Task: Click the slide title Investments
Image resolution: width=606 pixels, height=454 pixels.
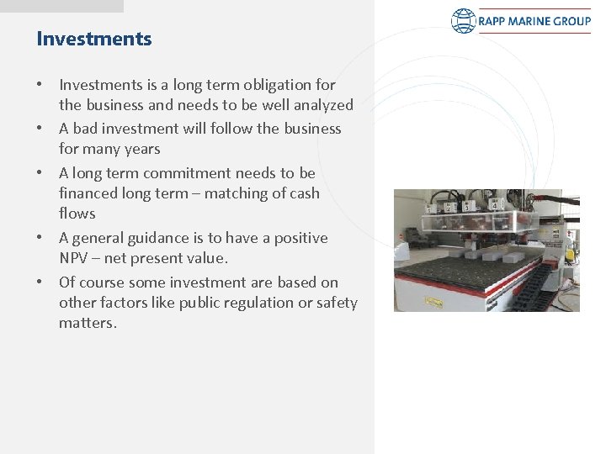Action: (x=94, y=39)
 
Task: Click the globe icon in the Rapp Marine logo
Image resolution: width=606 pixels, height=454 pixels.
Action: (x=464, y=21)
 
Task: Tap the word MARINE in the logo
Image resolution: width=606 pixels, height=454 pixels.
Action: (x=527, y=21)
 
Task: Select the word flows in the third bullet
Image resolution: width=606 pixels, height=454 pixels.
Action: (x=77, y=214)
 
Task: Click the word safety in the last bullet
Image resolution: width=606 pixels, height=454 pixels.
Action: (x=337, y=303)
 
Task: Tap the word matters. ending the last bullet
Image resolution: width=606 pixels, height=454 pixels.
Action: (x=88, y=323)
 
